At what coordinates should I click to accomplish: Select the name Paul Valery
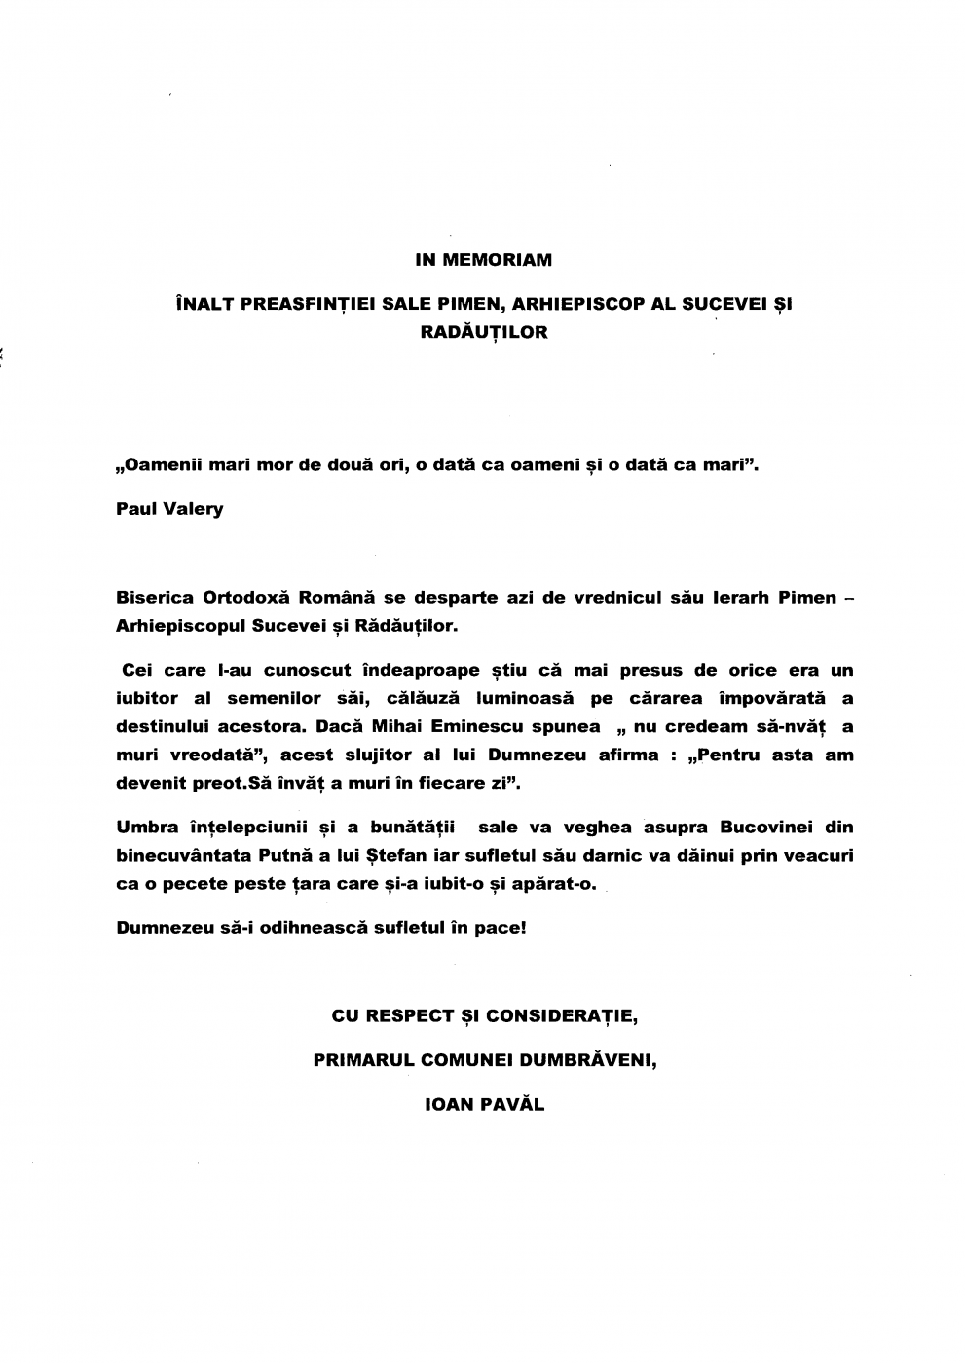(169, 509)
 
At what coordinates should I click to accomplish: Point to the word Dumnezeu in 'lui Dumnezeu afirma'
(546, 755)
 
